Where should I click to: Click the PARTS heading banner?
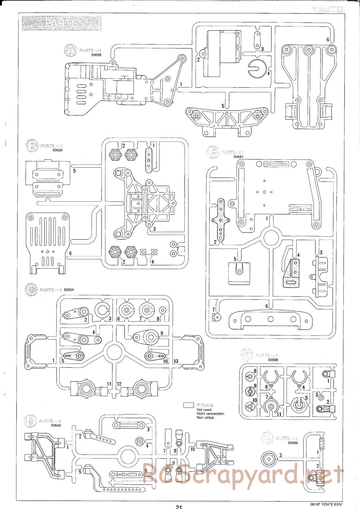[x=62, y=23]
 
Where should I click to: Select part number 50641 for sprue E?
[x=238, y=157]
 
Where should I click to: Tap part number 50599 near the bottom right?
[x=294, y=443]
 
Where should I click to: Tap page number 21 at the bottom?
[x=179, y=506]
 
